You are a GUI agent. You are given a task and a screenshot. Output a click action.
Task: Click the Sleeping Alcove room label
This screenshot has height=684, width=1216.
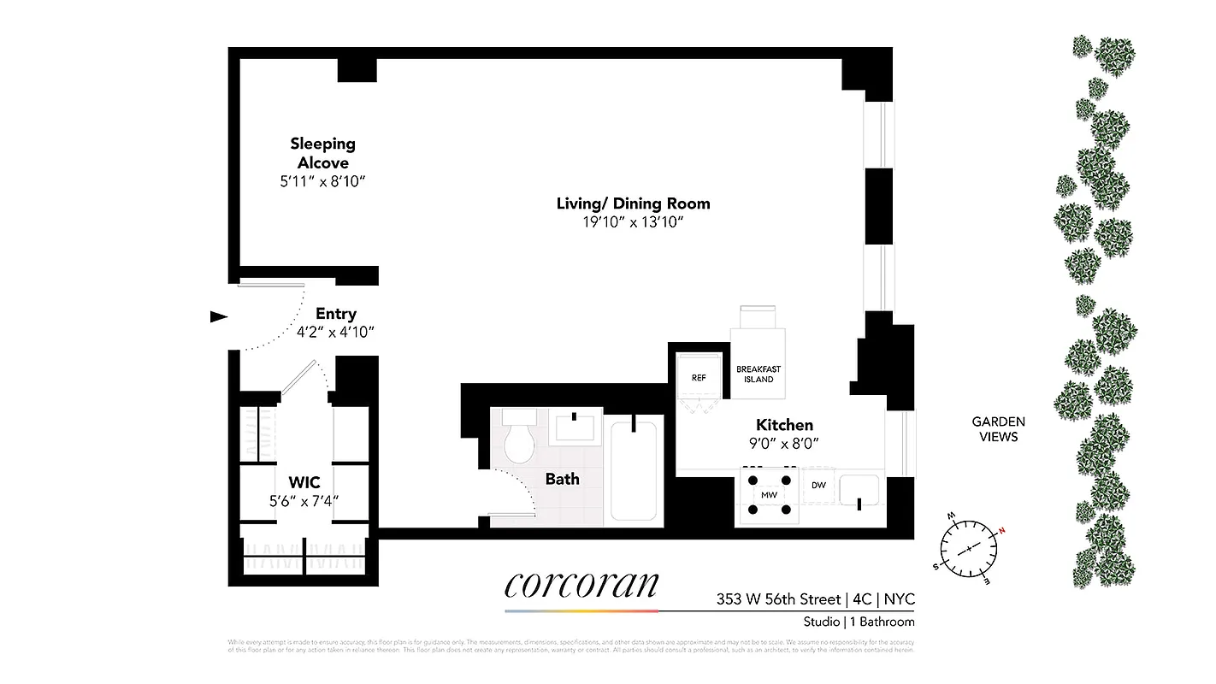[322, 153]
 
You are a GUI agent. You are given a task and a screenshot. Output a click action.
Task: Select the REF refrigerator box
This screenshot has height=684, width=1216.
[698, 378]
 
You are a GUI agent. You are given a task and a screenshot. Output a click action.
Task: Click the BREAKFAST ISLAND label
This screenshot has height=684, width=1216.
[759, 374]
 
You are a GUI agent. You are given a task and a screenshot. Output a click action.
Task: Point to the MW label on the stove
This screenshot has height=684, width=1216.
[768, 495]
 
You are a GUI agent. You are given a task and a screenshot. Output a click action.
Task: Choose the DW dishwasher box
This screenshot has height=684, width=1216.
[818, 485]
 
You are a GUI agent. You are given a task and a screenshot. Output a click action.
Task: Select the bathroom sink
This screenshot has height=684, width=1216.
[576, 427]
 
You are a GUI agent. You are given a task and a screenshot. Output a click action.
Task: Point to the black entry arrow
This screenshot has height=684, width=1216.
[219, 316]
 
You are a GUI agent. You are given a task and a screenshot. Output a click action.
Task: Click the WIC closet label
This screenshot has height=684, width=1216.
[304, 483]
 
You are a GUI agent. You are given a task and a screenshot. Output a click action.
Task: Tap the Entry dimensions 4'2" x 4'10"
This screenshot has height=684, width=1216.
[335, 333]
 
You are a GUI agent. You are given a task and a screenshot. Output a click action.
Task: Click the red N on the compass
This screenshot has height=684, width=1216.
[1001, 530]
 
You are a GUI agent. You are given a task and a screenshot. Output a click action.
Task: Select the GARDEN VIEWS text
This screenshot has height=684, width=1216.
[998, 429]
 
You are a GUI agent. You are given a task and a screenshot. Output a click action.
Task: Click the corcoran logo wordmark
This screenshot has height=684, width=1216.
[581, 584]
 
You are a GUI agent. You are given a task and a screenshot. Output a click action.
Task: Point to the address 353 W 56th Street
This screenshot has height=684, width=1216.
[778, 599]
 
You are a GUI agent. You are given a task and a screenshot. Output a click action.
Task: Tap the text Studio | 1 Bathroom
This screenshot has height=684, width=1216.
[859, 622]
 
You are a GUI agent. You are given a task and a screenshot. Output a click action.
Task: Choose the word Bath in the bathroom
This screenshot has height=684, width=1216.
[562, 479]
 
